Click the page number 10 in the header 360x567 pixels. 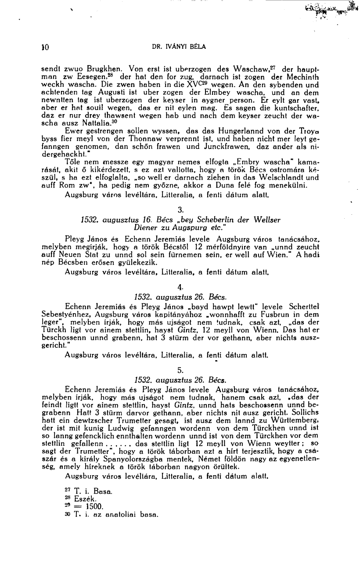click(45, 47)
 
